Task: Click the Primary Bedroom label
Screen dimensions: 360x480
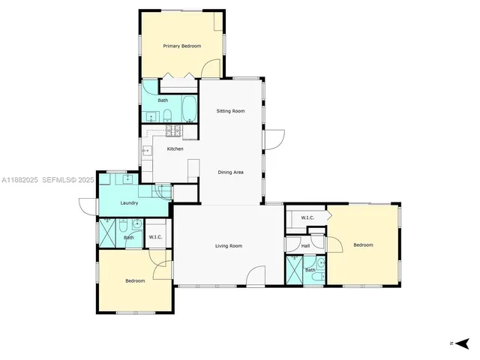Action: point(182,46)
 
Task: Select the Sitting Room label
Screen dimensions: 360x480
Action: point(230,111)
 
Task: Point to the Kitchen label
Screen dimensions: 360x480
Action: point(175,148)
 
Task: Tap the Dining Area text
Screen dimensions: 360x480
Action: point(230,172)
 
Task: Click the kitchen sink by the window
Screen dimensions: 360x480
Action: point(146,151)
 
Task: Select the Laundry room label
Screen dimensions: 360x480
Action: point(129,202)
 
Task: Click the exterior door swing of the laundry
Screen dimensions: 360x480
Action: point(87,205)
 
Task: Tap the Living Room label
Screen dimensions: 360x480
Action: point(229,245)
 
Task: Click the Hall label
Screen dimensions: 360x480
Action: point(305,245)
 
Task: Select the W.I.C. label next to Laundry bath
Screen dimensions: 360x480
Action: point(155,237)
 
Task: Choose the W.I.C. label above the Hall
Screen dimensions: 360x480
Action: point(307,217)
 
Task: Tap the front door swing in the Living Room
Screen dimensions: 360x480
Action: point(256,276)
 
